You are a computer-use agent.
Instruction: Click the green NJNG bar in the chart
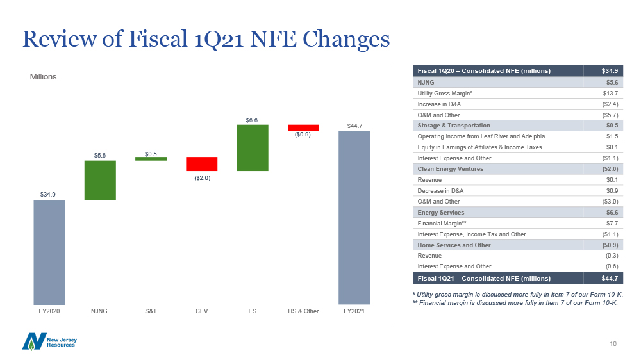pyautogui.click(x=100, y=180)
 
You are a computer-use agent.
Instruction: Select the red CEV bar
pyautogui.click(x=201, y=164)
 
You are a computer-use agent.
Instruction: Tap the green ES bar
pyautogui.click(x=253, y=147)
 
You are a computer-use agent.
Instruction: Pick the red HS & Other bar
pyautogui.click(x=303, y=128)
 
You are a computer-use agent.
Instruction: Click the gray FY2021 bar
pyautogui.click(x=354, y=217)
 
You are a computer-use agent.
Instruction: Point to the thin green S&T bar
pyautogui.click(x=151, y=159)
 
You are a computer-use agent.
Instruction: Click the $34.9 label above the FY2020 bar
pyautogui.click(x=48, y=195)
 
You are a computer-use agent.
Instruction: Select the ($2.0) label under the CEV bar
pyautogui.click(x=202, y=177)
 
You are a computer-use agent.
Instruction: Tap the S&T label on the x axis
pyautogui.click(x=151, y=311)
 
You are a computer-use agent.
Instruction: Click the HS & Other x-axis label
pyautogui.click(x=303, y=311)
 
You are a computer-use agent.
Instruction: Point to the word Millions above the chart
pyautogui.click(x=43, y=77)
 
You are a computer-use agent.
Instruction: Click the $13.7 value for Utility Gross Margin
pyautogui.click(x=610, y=94)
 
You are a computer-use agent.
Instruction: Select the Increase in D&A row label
pyautogui.click(x=439, y=104)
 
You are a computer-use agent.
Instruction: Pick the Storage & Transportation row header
pyautogui.click(x=454, y=126)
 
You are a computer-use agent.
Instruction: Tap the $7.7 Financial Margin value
pyautogui.click(x=612, y=224)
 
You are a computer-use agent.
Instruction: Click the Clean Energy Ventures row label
pyautogui.click(x=450, y=169)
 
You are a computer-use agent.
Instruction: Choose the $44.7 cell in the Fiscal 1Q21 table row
pyautogui.click(x=610, y=278)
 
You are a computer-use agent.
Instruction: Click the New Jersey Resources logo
pyautogui.click(x=49, y=342)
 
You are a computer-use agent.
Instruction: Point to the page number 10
pyautogui.click(x=613, y=343)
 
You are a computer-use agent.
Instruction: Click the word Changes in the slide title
pyautogui.click(x=346, y=39)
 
